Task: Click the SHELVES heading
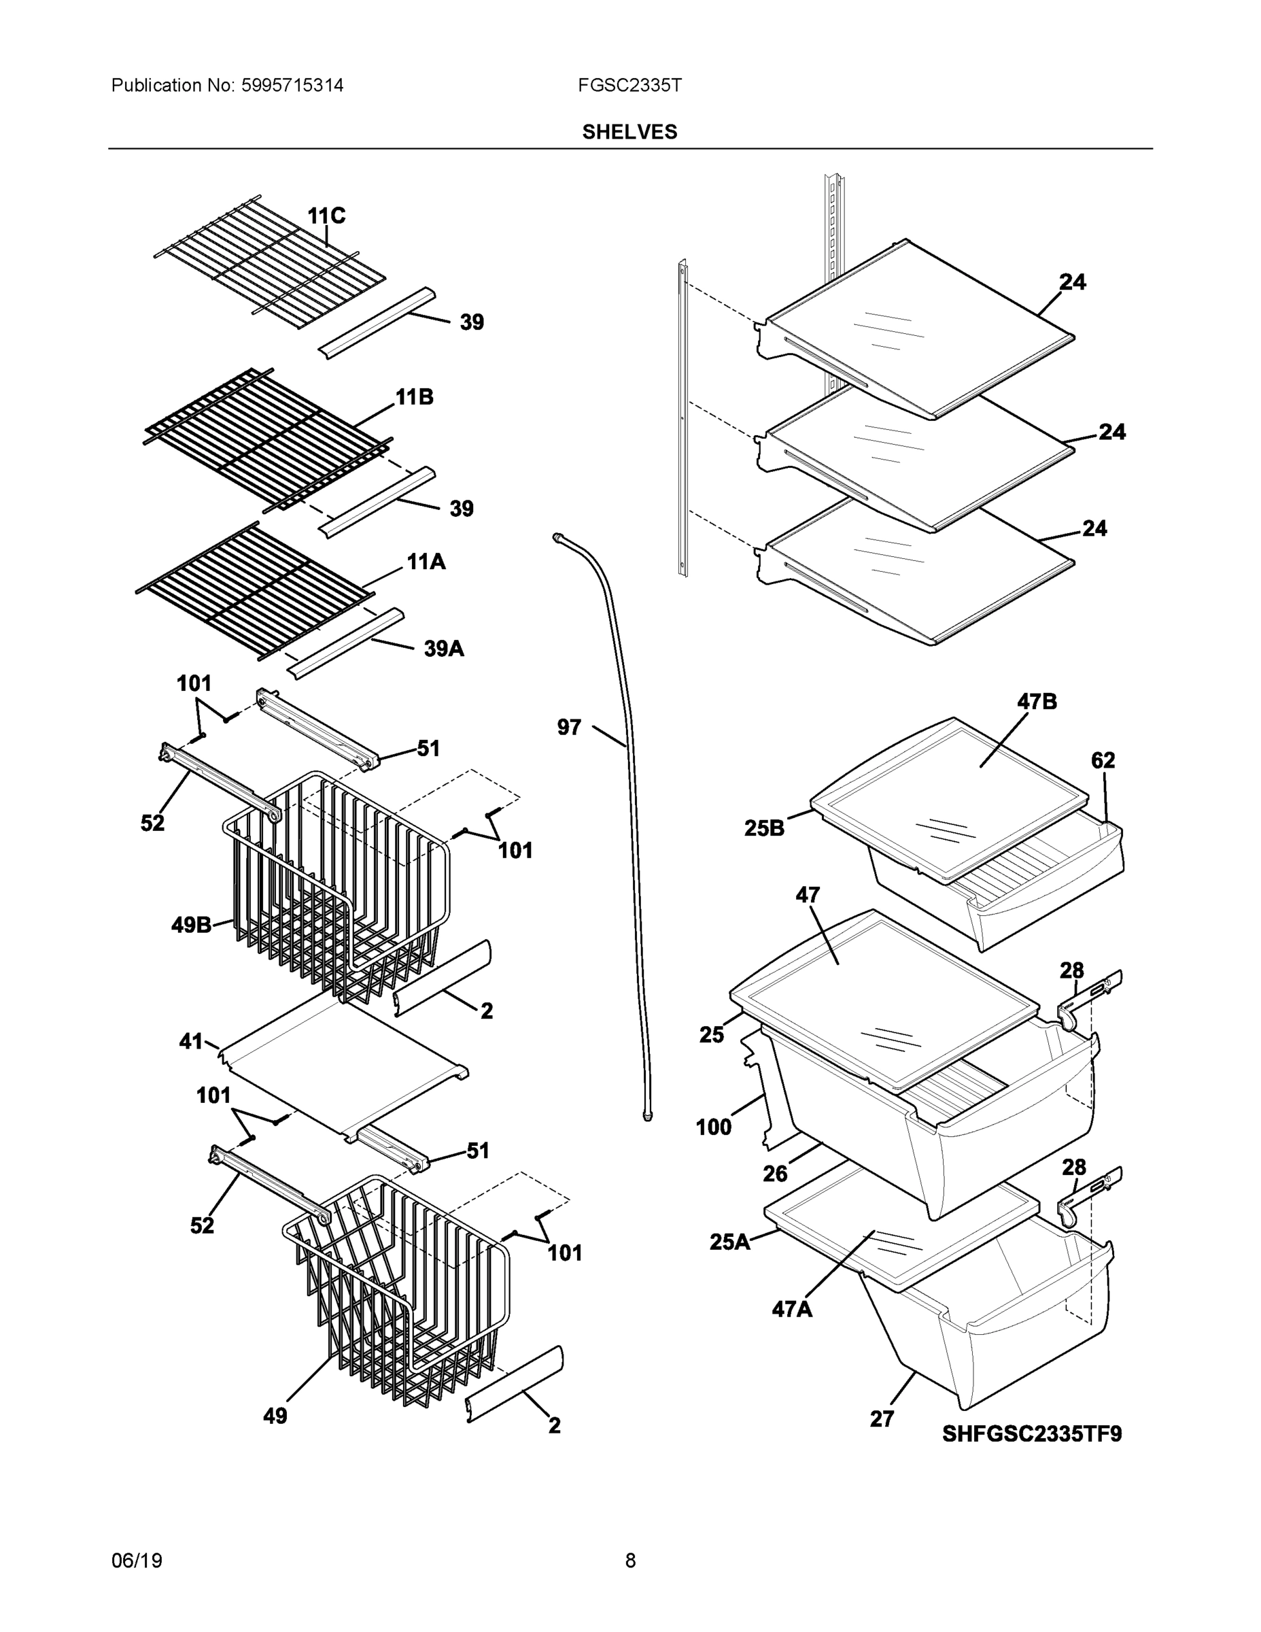tap(629, 133)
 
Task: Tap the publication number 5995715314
tap(292, 86)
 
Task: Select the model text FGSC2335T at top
tap(629, 86)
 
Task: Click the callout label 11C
tap(326, 216)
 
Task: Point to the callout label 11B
tap(414, 397)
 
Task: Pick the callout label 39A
tap(444, 649)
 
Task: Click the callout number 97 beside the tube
tap(568, 727)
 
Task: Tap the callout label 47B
tap(1037, 702)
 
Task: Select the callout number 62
tap(1103, 760)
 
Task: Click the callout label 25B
tap(764, 828)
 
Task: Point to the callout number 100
tap(713, 1127)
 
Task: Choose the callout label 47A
tap(792, 1310)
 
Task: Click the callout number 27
tap(882, 1419)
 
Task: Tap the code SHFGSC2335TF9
tap(1031, 1434)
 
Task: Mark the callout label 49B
tap(191, 925)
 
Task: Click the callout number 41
tap(191, 1041)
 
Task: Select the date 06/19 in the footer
tap(137, 1561)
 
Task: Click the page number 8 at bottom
tap(629, 1561)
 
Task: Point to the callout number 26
tap(775, 1174)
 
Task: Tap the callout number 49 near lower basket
tap(275, 1416)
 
